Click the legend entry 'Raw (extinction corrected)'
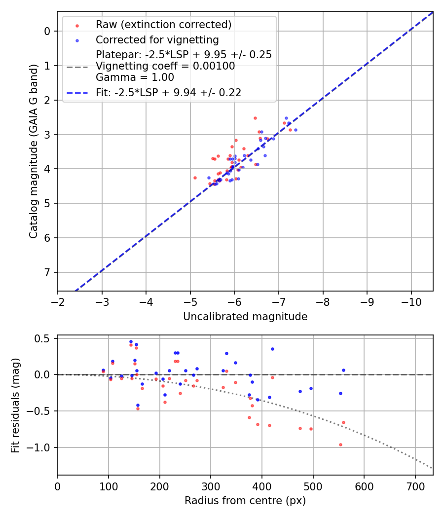click(163, 25)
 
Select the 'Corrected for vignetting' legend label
click(157, 39)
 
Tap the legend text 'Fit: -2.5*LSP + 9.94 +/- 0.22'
click(168, 92)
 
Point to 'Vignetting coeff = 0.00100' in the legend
click(165, 66)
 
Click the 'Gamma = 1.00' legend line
click(135, 77)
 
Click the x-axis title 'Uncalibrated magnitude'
click(245, 317)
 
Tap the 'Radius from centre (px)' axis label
click(245, 501)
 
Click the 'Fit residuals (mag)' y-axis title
click(15, 405)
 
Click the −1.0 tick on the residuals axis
click(41, 447)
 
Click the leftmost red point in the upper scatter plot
click(195, 178)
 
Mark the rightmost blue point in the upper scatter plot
click(296, 130)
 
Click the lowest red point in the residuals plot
click(340, 444)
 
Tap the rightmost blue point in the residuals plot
click(343, 370)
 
